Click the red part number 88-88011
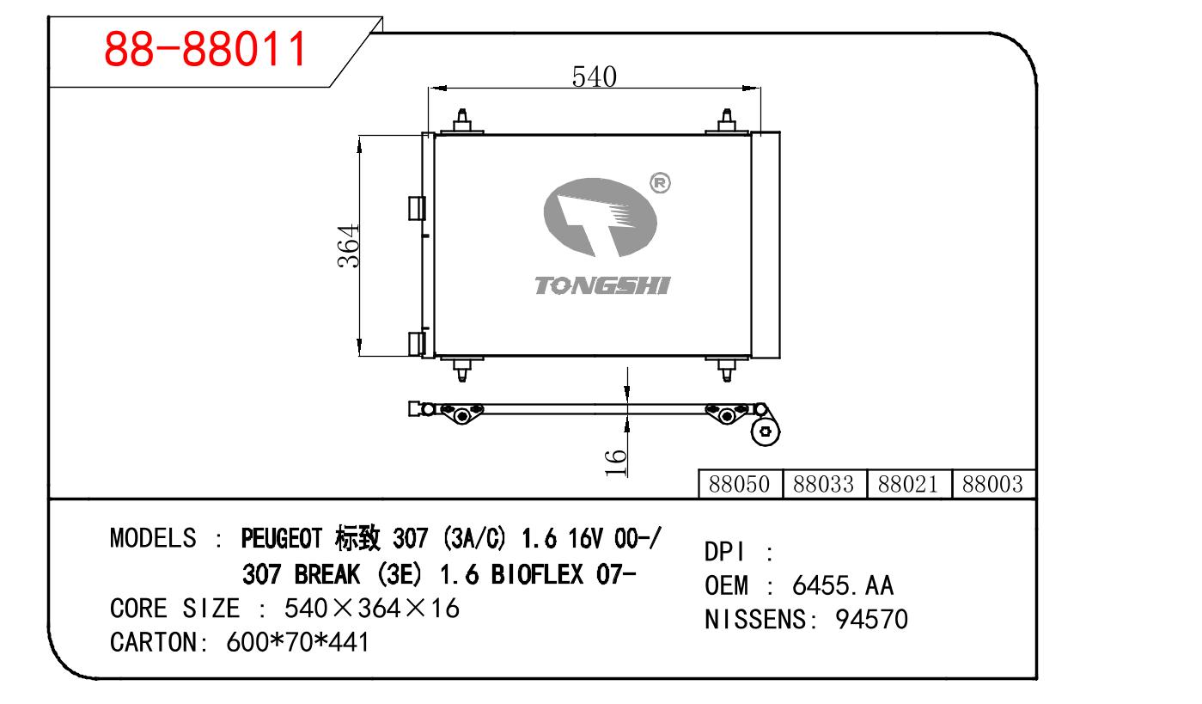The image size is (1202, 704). tap(205, 49)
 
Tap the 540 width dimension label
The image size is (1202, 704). tap(594, 77)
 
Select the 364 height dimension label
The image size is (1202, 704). tap(348, 246)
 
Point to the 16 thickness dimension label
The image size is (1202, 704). tap(615, 463)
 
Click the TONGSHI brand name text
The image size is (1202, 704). tap(602, 285)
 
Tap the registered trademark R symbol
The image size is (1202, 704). tap(660, 183)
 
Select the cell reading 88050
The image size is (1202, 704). tap(740, 484)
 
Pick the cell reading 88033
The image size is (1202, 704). tap(824, 484)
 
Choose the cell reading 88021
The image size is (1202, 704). tap(908, 484)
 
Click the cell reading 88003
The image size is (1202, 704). tap(992, 484)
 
